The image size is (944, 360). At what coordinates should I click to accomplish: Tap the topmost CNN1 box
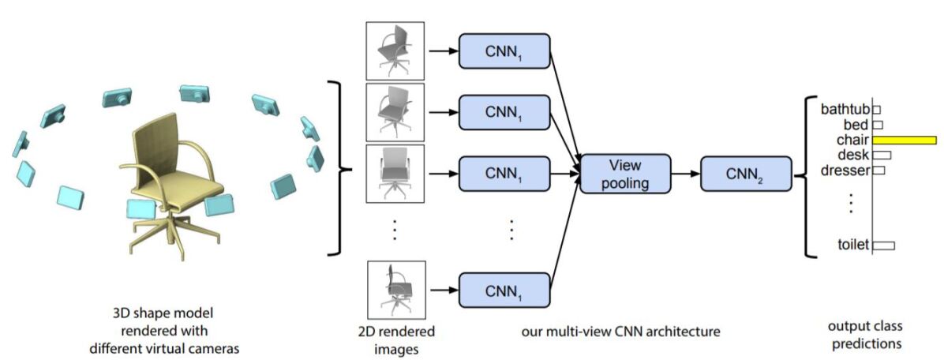tap(504, 52)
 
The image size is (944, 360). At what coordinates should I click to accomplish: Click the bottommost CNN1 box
tap(504, 292)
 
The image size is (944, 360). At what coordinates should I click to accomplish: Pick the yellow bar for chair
tap(905, 140)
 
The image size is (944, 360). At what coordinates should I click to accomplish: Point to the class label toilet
tap(852, 245)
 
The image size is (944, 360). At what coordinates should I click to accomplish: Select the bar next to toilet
tap(883, 246)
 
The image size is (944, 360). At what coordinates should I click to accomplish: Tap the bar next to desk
tap(882, 155)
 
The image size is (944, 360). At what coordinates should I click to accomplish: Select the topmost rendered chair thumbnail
tap(395, 50)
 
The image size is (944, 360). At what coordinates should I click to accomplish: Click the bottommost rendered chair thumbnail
tap(395, 291)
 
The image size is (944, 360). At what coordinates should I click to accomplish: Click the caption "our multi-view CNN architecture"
tap(620, 332)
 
